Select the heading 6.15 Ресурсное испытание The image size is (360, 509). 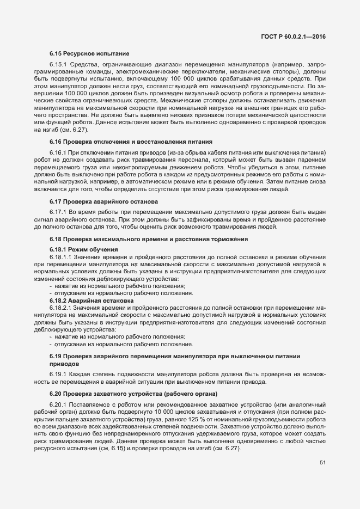pyautogui.click(x=89, y=54)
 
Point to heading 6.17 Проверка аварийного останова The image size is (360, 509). pyautogui.click(x=104, y=201)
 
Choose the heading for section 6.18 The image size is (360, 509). pyautogui.click(x=143, y=239)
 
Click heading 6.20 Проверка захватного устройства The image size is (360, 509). pyautogui.click(x=133, y=393)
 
